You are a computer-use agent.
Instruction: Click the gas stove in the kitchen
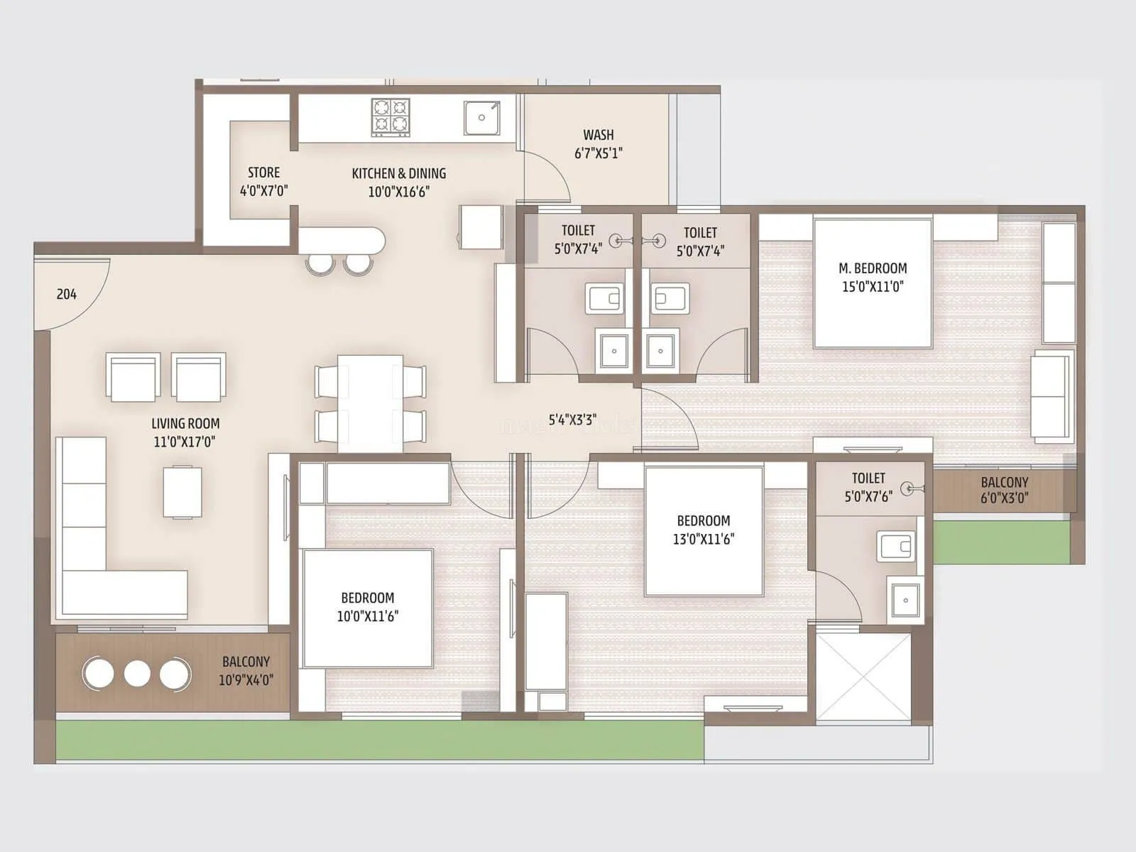tap(390, 117)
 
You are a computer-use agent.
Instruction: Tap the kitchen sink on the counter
tap(482, 118)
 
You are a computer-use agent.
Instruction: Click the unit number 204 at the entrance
tap(67, 294)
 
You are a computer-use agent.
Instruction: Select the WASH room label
tap(598, 135)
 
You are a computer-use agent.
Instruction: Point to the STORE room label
tap(263, 173)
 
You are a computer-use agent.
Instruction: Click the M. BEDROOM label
tap(873, 268)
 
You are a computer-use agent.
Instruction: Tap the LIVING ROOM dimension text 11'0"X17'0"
tap(185, 442)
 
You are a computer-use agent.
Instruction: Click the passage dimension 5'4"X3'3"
tap(572, 420)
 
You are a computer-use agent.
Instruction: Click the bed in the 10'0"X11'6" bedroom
tap(368, 608)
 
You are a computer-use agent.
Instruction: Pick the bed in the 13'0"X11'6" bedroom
tap(704, 531)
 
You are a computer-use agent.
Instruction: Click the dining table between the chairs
tap(370, 403)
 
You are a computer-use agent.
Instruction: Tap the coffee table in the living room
tap(182, 492)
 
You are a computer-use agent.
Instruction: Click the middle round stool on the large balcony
tap(136, 673)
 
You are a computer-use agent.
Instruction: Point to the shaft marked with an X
tap(863, 676)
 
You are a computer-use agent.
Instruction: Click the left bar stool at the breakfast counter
tap(320, 263)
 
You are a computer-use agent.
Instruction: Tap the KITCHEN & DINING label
tap(399, 173)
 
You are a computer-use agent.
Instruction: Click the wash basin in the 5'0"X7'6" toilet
tap(905, 601)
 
